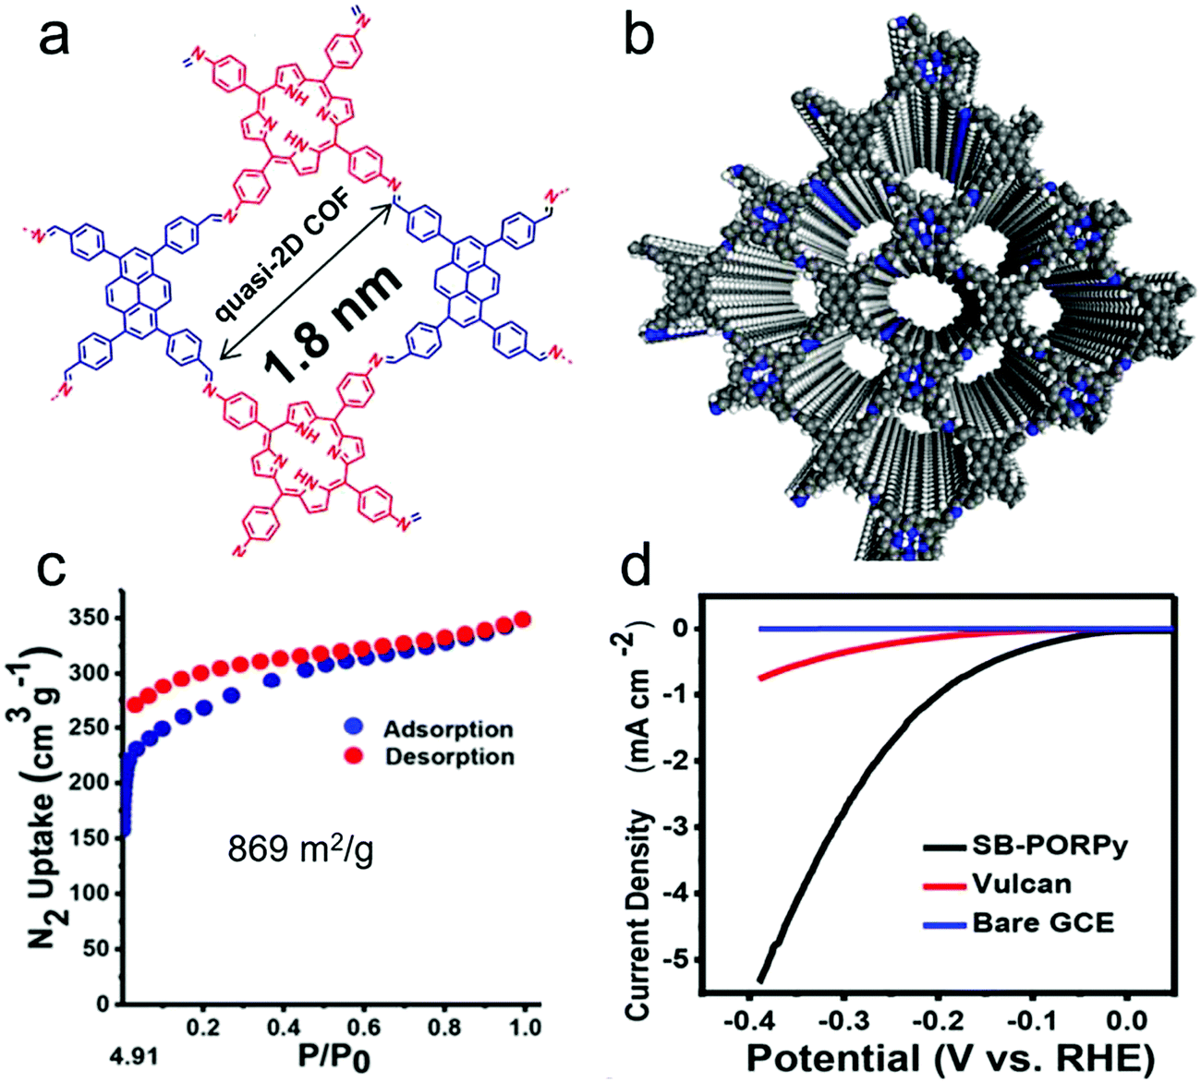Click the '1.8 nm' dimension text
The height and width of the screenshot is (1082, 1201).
coord(335,324)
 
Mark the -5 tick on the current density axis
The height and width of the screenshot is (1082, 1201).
coord(681,959)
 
